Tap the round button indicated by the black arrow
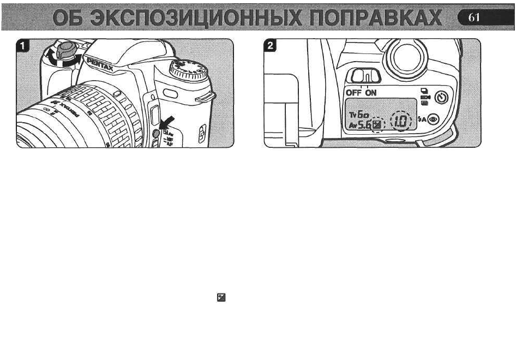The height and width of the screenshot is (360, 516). tap(156, 133)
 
